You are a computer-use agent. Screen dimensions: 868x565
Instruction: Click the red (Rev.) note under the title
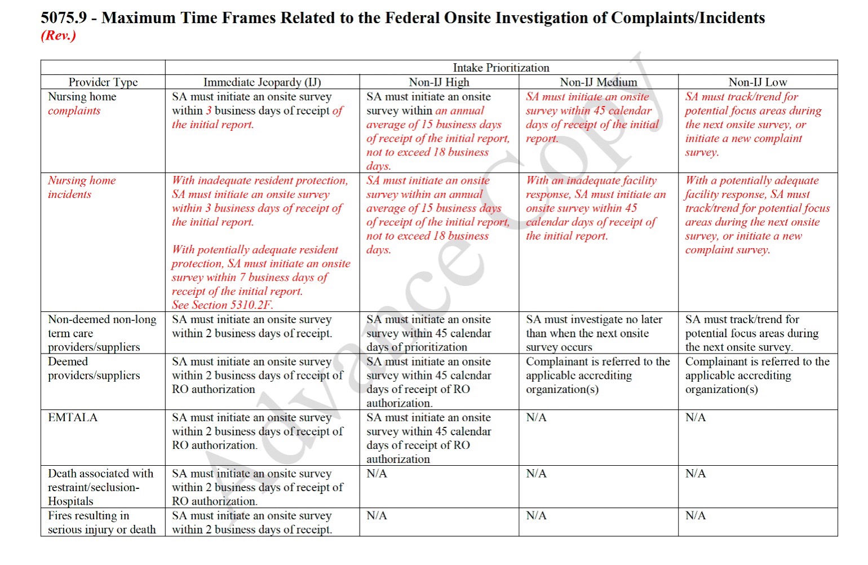58,36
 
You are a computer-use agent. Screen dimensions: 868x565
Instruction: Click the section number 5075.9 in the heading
64,18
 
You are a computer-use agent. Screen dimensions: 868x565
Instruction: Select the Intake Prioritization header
501,68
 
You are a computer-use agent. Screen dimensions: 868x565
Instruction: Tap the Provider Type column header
103,82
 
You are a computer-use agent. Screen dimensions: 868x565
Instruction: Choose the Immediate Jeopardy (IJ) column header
262,82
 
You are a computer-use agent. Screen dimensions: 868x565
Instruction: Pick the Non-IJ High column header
439,82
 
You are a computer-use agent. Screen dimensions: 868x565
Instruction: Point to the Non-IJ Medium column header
598,82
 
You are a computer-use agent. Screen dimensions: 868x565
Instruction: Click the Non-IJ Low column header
758,82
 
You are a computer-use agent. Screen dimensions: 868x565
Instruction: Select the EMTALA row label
73,418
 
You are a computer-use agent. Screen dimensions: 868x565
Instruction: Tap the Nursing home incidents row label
82,187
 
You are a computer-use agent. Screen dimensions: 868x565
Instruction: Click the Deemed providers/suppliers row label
94,368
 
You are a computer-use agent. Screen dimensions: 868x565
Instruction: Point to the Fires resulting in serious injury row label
101,523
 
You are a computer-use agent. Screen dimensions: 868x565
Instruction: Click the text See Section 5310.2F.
223,305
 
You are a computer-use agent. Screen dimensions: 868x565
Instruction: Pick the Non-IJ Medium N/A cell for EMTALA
536,418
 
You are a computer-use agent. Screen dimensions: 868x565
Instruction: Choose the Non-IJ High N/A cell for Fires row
377,516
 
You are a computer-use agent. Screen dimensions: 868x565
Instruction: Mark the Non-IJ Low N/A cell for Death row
696,474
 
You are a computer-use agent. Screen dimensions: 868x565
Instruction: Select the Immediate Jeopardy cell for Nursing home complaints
258,111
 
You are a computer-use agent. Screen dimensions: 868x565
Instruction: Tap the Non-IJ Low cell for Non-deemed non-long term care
751,333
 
